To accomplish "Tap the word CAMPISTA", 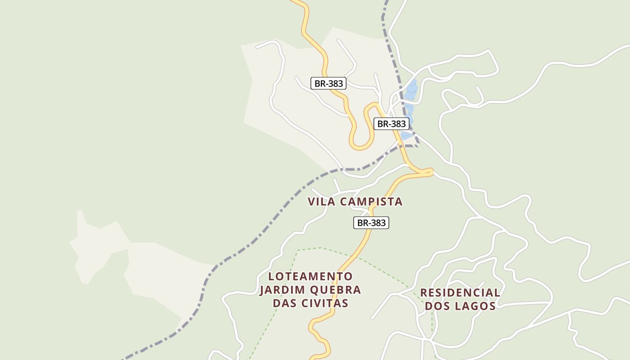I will (x=371, y=202).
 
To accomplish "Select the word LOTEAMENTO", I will (x=310, y=276).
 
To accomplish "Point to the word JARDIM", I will (x=280, y=289).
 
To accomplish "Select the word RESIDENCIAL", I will (x=460, y=292).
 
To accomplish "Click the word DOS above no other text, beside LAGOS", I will (x=437, y=306).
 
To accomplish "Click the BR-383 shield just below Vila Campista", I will (x=371, y=222).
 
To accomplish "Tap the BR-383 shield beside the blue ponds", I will (x=391, y=124).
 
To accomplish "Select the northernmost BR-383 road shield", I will (x=328, y=83).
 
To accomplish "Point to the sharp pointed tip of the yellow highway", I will (x=431, y=171).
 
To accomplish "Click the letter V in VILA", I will (x=311, y=202).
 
